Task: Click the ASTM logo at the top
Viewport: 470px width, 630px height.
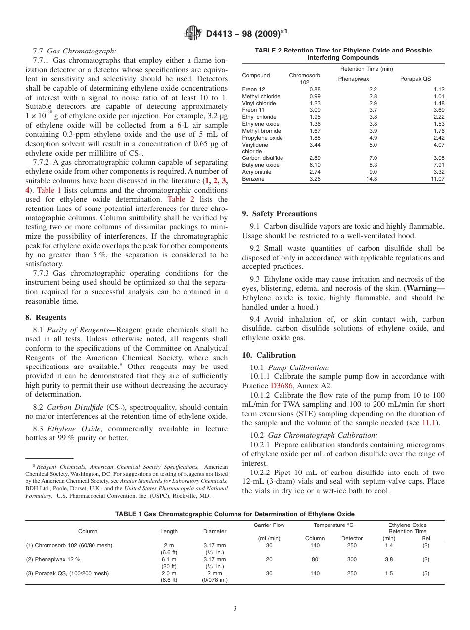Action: (192, 33)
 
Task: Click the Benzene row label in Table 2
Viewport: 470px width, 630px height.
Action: (253, 179)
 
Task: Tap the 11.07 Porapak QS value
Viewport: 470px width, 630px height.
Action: (437, 179)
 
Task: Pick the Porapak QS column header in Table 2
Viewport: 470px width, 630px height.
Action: (415, 79)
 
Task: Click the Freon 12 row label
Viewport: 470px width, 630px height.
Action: (254, 89)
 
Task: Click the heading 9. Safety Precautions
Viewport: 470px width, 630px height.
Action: (279, 214)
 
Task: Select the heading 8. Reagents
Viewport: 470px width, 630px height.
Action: (46, 317)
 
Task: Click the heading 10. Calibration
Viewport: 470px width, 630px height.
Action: (269, 355)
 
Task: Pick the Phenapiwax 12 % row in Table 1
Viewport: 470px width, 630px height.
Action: (53, 559)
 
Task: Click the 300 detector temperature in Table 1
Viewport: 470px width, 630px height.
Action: (352, 559)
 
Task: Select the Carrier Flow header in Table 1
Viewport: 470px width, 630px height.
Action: (269, 525)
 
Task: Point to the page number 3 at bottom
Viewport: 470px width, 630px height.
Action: (235, 609)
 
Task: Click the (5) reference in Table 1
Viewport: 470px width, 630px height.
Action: (425, 573)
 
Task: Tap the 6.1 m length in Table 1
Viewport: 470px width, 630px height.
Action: (169, 559)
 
